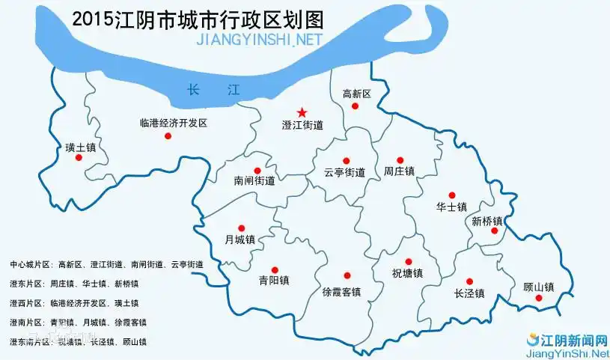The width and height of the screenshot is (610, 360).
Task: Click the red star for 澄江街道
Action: [x=302, y=112]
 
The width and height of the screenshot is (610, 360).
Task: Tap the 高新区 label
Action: [x=356, y=94]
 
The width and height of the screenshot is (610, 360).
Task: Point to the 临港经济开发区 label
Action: [x=173, y=123]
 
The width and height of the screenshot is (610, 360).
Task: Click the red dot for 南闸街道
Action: [x=257, y=170]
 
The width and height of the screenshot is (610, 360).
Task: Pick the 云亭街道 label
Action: [x=344, y=172]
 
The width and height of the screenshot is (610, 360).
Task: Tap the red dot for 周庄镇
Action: [x=400, y=160]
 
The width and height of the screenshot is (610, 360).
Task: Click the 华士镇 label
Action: [x=451, y=207]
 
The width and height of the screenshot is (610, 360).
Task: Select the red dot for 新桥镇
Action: [x=494, y=231]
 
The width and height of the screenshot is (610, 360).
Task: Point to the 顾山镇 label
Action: [x=538, y=286]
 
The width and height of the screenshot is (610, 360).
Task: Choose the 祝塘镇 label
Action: [x=407, y=274]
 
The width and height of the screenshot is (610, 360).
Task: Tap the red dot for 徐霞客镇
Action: [x=346, y=275]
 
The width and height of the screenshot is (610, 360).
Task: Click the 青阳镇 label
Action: [x=274, y=281]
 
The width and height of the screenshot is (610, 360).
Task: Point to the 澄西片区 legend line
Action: [x=75, y=303]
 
